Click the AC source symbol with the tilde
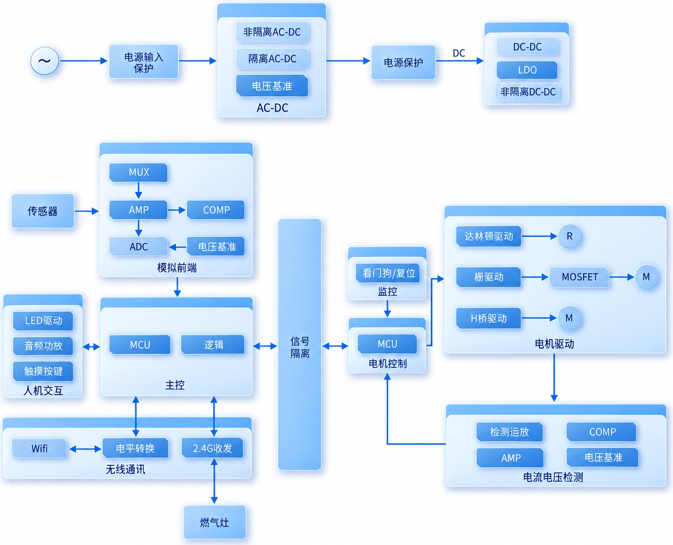click(44, 61)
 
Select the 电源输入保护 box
click(144, 61)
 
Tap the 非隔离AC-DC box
click(272, 32)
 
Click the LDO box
click(527, 70)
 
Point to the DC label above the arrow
click(459, 53)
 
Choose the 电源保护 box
click(403, 62)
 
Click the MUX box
click(138, 172)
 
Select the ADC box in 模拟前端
click(138, 247)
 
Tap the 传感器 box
click(43, 211)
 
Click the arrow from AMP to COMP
click(177, 210)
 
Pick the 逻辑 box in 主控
click(213, 345)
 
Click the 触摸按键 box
click(43, 371)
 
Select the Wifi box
click(40, 448)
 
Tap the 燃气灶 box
click(215, 522)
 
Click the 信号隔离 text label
click(300, 347)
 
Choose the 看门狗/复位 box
click(388, 273)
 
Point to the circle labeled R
click(570, 236)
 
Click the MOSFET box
click(579, 277)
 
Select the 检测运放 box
click(510, 432)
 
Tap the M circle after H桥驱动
click(569, 318)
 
